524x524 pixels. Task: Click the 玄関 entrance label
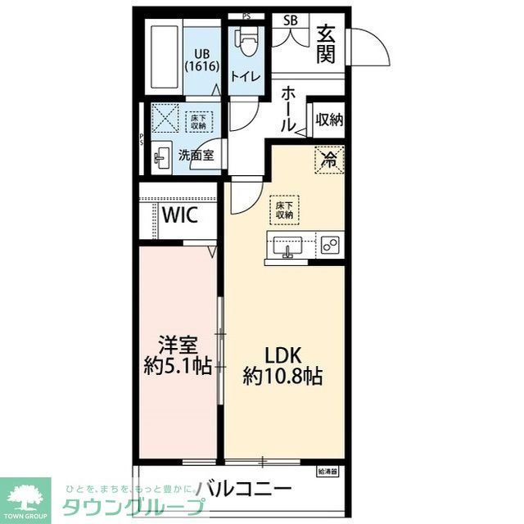click(x=327, y=44)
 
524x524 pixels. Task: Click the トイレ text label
click(x=246, y=77)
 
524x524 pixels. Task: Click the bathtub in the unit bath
click(x=166, y=59)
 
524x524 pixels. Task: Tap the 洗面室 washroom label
click(x=197, y=155)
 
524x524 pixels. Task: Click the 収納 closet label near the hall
click(x=328, y=120)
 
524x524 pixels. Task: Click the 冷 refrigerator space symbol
click(x=327, y=159)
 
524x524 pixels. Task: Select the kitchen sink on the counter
click(x=287, y=246)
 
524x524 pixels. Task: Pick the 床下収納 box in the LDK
click(x=285, y=210)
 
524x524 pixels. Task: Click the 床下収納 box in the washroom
click(x=197, y=121)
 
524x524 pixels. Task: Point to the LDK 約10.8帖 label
click(x=282, y=366)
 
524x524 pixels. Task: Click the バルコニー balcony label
click(x=243, y=489)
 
